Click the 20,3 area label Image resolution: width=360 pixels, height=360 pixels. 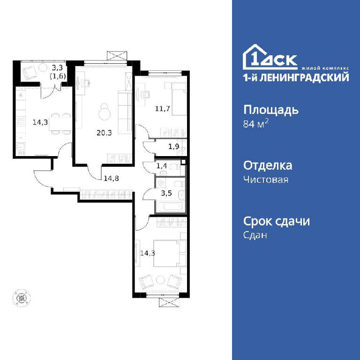(x=104, y=133)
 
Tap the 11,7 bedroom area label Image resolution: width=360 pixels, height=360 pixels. (x=163, y=108)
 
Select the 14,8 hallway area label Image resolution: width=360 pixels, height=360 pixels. (x=112, y=178)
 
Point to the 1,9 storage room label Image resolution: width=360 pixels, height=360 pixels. (x=173, y=146)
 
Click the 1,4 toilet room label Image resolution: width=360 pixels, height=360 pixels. (x=162, y=165)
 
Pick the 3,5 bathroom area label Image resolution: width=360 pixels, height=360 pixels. (x=166, y=193)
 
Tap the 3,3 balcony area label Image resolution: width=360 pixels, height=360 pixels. (x=57, y=67)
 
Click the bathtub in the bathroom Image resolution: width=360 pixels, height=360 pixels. (x=170, y=206)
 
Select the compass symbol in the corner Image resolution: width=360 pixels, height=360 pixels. (x=22, y=298)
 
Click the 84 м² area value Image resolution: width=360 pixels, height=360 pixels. (x=256, y=124)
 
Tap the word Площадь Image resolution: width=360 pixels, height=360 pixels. (x=271, y=110)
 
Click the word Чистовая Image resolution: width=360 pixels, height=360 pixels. (x=266, y=180)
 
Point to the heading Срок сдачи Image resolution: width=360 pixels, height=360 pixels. (x=277, y=221)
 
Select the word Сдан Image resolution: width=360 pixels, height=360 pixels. (x=255, y=235)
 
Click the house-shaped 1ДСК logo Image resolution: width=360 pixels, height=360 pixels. (x=270, y=57)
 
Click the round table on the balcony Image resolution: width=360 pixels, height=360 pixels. (x=43, y=67)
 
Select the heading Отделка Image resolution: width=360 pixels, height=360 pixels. (x=268, y=165)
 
